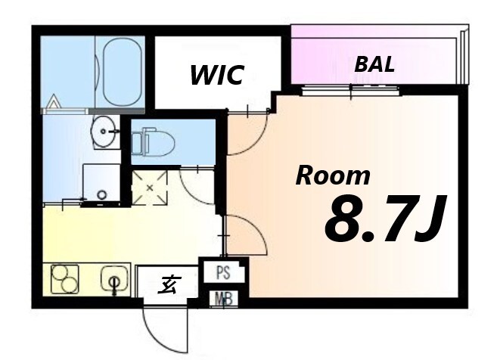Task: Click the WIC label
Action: tap(217, 75)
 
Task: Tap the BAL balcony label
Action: tap(374, 64)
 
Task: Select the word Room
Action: tap(333, 176)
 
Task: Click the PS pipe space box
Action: tap(224, 272)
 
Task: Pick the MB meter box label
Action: tap(224, 299)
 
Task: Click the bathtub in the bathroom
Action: tap(122, 73)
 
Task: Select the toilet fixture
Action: tap(154, 141)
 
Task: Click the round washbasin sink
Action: tap(104, 131)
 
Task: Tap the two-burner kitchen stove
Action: tap(65, 279)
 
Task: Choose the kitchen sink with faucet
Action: tap(115, 279)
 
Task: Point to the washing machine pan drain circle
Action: tap(102, 194)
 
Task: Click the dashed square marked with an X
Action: tap(150, 188)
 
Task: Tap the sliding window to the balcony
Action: tap(351, 91)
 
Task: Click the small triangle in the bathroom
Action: tap(53, 101)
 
